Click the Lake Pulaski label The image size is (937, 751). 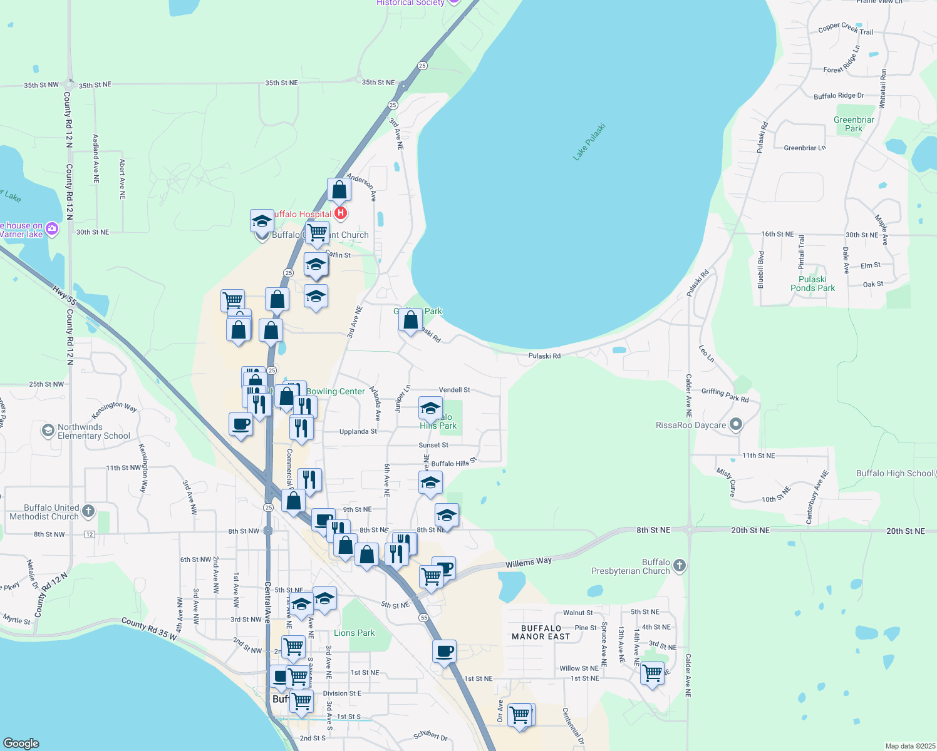click(x=589, y=142)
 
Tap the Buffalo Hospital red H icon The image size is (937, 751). click(x=341, y=213)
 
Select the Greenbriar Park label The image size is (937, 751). click(x=854, y=124)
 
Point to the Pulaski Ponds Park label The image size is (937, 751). click(x=812, y=284)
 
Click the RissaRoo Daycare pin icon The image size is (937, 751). click(x=736, y=425)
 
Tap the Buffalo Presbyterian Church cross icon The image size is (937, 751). click(x=680, y=566)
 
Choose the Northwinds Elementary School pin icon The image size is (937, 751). click(x=48, y=431)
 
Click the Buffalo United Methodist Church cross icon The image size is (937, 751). click(x=88, y=511)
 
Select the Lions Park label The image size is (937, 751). click(x=354, y=633)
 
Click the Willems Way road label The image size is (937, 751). click(x=529, y=563)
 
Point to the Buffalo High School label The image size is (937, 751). click(x=894, y=473)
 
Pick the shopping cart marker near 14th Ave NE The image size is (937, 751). click(x=653, y=673)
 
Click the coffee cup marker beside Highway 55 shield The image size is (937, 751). click(x=444, y=651)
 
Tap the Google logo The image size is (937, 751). click(x=21, y=743)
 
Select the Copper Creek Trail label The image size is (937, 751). click(x=846, y=28)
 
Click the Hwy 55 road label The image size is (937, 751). click(x=65, y=296)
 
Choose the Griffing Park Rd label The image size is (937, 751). click(x=725, y=395)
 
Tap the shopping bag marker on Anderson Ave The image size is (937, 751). click(x=339, y=190)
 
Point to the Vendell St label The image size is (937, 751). click(x=454, y=390)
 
